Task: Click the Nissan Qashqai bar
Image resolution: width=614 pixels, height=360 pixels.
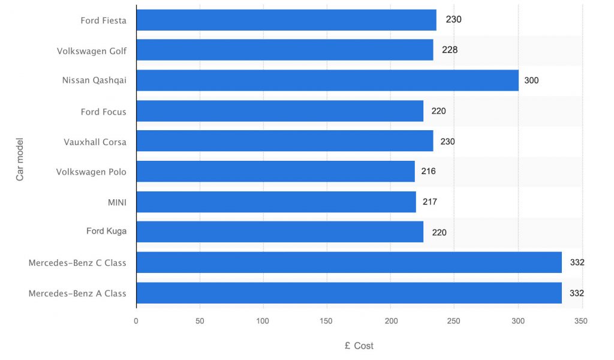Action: tap(327, 80)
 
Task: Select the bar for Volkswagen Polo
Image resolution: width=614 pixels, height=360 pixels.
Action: tap(275, 172)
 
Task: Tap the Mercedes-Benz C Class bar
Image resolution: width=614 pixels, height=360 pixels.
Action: tap(349, 262)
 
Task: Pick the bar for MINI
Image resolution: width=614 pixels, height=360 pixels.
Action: tap(276, 202)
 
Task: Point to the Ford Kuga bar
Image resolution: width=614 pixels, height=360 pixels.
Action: tap(279, 232)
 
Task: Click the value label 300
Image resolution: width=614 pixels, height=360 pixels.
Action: tap(531, 80)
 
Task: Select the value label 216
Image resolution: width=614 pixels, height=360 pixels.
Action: tap(428, 172)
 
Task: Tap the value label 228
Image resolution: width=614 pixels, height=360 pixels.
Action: tap(450, 50)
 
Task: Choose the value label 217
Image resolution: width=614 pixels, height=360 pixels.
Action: tap(429, 202)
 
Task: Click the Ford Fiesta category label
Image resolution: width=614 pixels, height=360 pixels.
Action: tap(103, 20)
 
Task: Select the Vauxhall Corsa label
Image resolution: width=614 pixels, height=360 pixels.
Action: tap(95, 142)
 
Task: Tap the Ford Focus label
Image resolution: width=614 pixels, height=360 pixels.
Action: tap(103, 112)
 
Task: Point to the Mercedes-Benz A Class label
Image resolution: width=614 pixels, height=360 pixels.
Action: tap(77, 293)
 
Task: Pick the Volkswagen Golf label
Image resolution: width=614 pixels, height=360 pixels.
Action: tap(92, 51)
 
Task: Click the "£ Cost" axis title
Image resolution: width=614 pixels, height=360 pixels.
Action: tap(359, 346)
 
